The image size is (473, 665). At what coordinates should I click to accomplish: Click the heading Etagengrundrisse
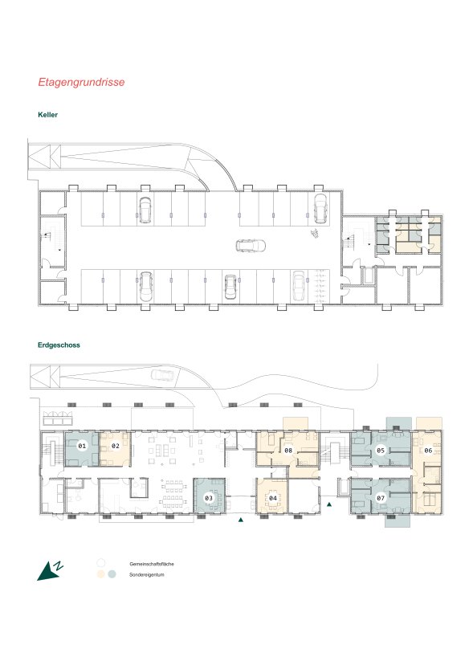(81, 82)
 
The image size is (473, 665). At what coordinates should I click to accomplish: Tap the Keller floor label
(48, 115)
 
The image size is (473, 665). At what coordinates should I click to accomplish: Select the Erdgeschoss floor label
(59, 345)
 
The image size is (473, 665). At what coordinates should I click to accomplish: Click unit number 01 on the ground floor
(82, 446)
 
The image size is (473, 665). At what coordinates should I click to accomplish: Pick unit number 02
(116, 446)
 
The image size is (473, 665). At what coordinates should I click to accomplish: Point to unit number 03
(209, 498)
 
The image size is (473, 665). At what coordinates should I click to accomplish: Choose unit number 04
(273, 498)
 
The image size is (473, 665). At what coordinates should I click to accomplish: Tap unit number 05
(381, 450)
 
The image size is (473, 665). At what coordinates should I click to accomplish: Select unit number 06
(428, 450)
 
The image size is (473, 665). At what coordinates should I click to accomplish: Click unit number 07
(381, 498)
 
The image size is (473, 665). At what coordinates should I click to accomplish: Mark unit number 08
(288, 450)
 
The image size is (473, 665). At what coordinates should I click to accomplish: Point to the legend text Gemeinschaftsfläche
(152, 564)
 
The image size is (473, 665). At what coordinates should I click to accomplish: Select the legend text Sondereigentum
(147, 575)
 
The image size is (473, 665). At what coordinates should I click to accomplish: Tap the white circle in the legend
(100, 563)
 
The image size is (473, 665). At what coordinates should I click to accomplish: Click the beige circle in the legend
(100, 574)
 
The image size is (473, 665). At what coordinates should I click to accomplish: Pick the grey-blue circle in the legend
(112, 574)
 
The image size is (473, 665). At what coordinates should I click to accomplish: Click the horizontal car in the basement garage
(251, 246)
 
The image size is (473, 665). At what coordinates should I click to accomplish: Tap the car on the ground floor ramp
(162, 375)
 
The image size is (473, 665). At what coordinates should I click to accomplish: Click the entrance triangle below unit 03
(241, 520)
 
